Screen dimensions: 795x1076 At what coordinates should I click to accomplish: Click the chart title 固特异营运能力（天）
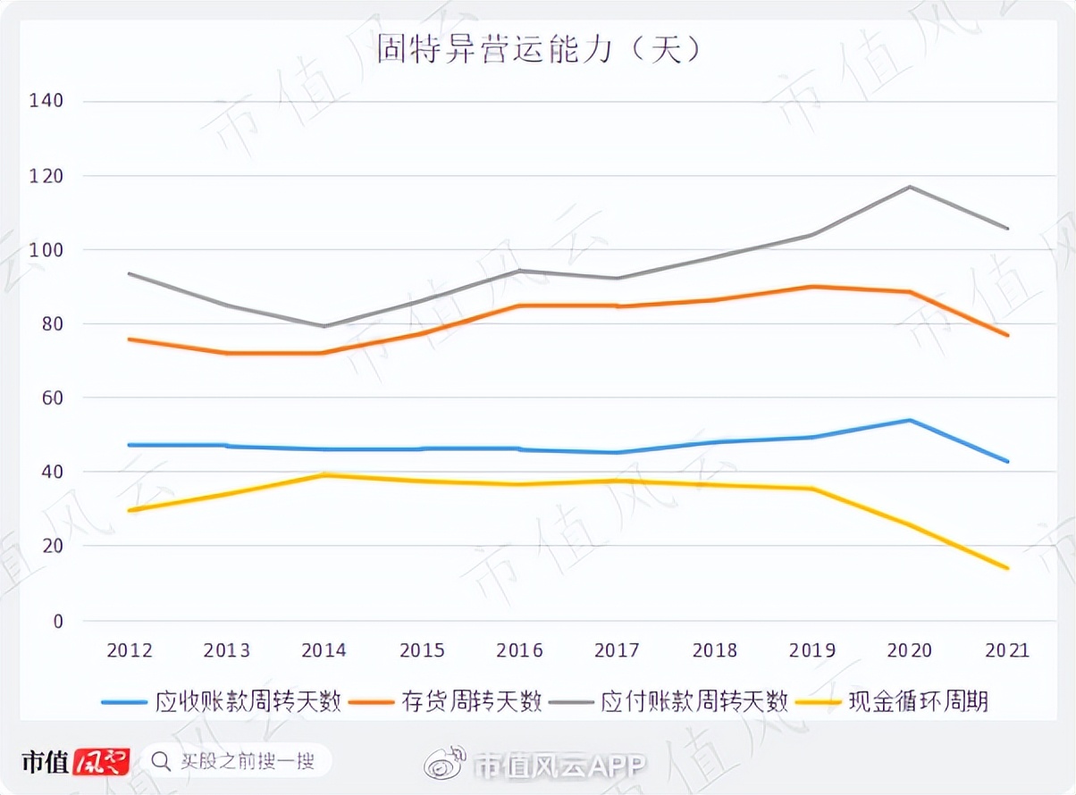pyautogui.click(x=539, y=49)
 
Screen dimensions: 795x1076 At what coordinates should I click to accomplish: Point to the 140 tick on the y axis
pyautogui.click(x=46, y=101)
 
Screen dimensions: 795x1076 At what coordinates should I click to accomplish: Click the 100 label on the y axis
pyautogui.click(x=46, y=250)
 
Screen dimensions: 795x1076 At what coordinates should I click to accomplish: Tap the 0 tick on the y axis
pyautogui.click(x=57, y=621)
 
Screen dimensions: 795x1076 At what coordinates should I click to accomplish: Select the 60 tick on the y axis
pyautogui.click(x=52, y=398)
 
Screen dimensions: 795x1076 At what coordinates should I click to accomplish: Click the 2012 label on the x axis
pyautogui.click(x=130, y=650)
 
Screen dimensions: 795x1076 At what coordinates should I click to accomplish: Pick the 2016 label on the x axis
pyautogui.click(x=520, y=650)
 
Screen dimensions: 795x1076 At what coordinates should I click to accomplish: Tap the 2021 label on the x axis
pyautogui.click(x=1006, y=650)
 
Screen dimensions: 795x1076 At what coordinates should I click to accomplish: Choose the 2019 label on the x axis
pyautogui.click(x=811, y=650)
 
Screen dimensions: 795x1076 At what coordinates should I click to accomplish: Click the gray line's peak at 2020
pyautogui.click(x=910, y=187)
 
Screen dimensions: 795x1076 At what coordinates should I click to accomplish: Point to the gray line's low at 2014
pyautogui.click(x=324, y=326)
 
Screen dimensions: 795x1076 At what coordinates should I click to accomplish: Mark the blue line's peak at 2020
pyautogui.click(x=910, y=420)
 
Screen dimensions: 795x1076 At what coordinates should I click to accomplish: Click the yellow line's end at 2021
pyautogui.click(x=1007, y=568)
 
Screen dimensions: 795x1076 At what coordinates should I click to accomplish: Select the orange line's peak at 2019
pyautogui.click(x=812, y=287)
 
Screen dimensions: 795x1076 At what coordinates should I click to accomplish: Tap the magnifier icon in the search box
pyautogui.click(x=161, y=761)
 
